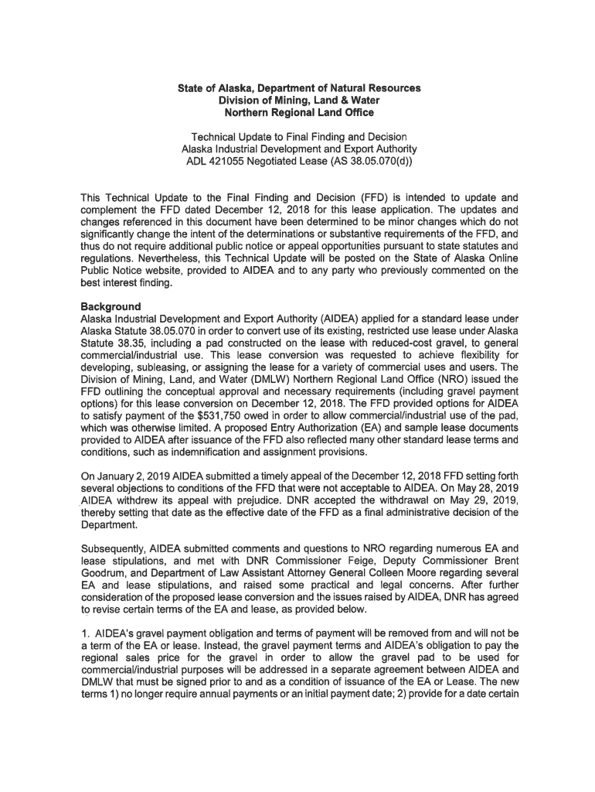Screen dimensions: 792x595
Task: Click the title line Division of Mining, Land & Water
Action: click(298, 101)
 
